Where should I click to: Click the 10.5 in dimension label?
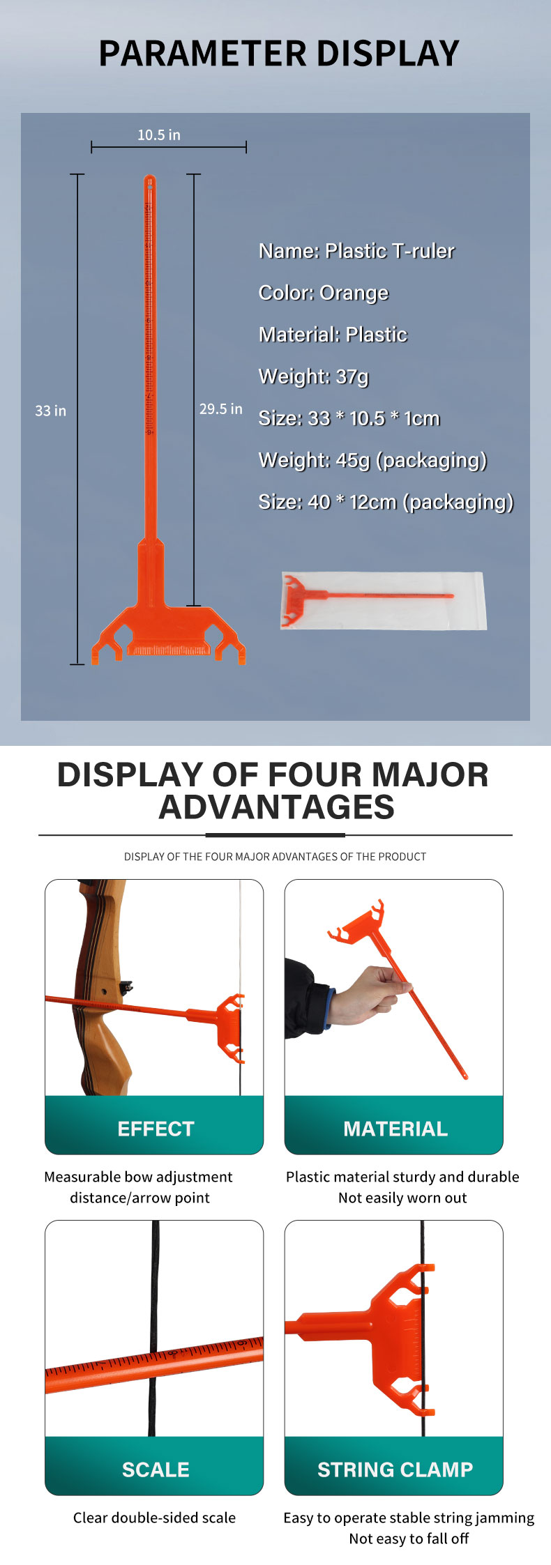point(159,135)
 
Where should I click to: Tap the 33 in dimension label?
point(51,411)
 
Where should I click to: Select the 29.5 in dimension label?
point(221,409)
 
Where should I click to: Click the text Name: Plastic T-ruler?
point(356,251)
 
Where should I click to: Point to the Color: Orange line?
point(324,293)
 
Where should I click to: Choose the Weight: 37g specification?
point(314,376)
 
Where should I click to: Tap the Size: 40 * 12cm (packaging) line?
point(386,502)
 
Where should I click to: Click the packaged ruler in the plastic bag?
point(383,601)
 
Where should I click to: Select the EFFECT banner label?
point(156,1129)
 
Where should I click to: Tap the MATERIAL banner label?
point(395,1129)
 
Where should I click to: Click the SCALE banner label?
point(156,1469)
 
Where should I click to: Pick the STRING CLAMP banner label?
point(395,1469)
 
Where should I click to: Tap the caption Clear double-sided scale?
point(154,1518)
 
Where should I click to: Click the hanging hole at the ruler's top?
point(149,183)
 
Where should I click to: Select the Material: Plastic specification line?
point(333,335)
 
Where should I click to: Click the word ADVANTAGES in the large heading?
point(276,807)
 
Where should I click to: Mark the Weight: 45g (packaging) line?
point(372,460)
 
